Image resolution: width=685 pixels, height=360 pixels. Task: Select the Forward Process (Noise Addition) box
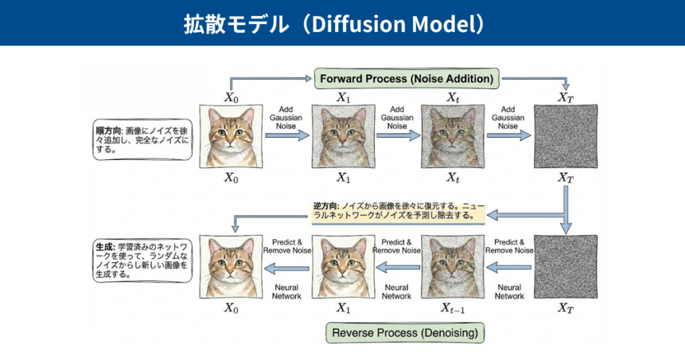(x=406, y=78)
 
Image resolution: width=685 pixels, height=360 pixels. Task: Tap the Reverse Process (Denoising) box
(x=405, y=332)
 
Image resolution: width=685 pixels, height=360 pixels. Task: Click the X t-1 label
(x=452, y=308)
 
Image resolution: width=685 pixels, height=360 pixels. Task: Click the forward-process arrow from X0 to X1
(x=287, y=136)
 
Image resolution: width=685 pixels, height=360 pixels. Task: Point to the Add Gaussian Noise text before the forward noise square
(x=508, y=117)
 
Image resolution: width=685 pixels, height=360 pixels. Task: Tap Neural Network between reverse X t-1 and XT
(x=509, y=292)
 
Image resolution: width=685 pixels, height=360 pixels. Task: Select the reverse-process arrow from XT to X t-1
(x=508, y=268)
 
